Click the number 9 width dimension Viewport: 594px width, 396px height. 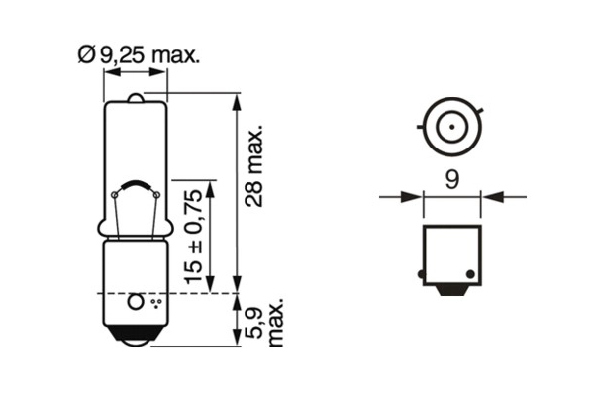pyautogui.click(x=451, y=181)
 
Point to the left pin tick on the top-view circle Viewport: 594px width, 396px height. pyautogui.click(x=424, y=127)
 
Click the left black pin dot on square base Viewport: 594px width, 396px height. pyautogui.click(x=423, y=273)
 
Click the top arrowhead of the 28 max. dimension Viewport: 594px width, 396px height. pyautogui.click(x=236, y=100)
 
